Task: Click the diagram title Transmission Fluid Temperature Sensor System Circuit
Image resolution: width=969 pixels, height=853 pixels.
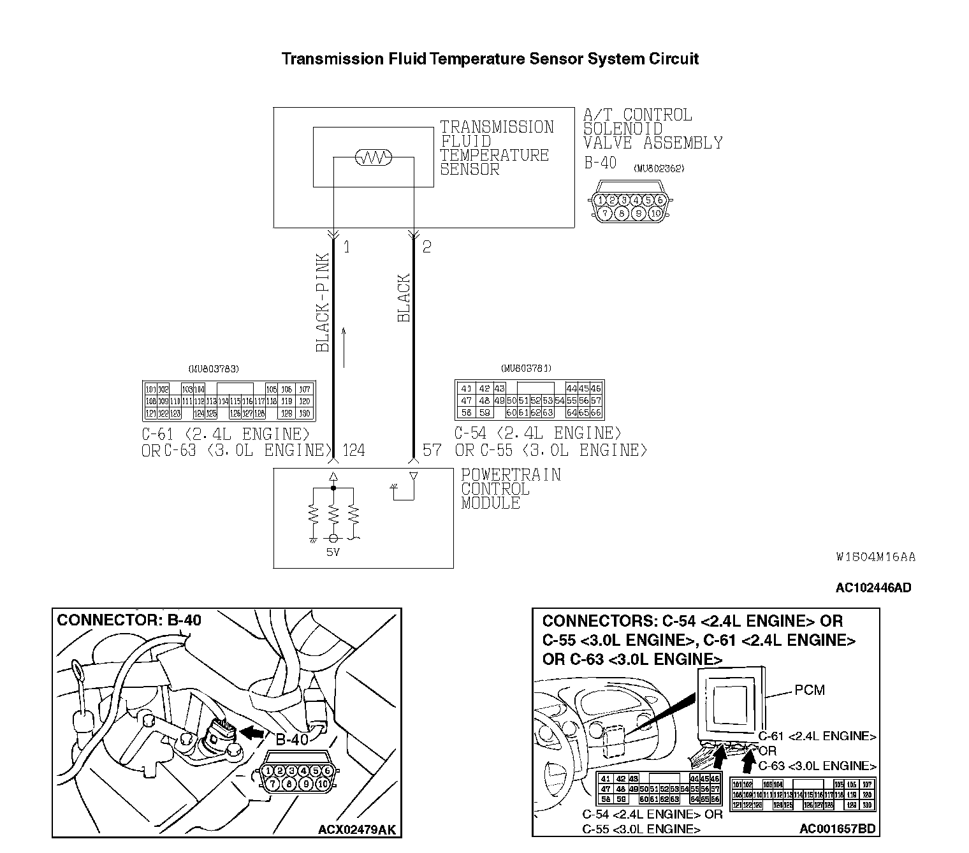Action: [x=490, y=59]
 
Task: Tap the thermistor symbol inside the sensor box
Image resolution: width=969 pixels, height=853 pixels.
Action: [x=373, y=157]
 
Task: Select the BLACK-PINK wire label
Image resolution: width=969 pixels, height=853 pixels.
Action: [x=323, y=303]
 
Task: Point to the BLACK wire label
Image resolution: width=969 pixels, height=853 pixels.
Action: [x=404, y=298]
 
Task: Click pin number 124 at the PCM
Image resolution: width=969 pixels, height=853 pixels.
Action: [x=354, y=451]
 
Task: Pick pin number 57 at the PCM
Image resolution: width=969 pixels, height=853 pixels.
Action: [x=432, y=451]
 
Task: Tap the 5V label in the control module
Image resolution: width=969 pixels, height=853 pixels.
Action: [x=333, y=552]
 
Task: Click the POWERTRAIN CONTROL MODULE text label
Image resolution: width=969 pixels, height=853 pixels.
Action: [x=511, y=489]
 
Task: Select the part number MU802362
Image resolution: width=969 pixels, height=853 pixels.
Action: [x=659, y=169]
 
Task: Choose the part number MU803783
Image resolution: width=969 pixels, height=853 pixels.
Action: [x=214, y=368]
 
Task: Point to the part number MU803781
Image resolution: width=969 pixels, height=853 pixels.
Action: [x=527, y=368]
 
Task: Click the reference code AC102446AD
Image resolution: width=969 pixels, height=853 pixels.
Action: [x=873, y=587]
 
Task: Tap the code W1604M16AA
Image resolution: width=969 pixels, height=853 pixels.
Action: [x=875, y=557]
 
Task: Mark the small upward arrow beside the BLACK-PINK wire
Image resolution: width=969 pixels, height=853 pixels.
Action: [x=344, y=347]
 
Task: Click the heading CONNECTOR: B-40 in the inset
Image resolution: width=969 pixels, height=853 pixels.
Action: [x=129, y=620]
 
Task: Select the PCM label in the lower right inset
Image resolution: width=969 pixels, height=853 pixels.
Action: [x=810, y=690]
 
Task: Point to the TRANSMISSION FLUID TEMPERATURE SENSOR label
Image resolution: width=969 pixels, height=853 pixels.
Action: [x=497, y=148]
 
